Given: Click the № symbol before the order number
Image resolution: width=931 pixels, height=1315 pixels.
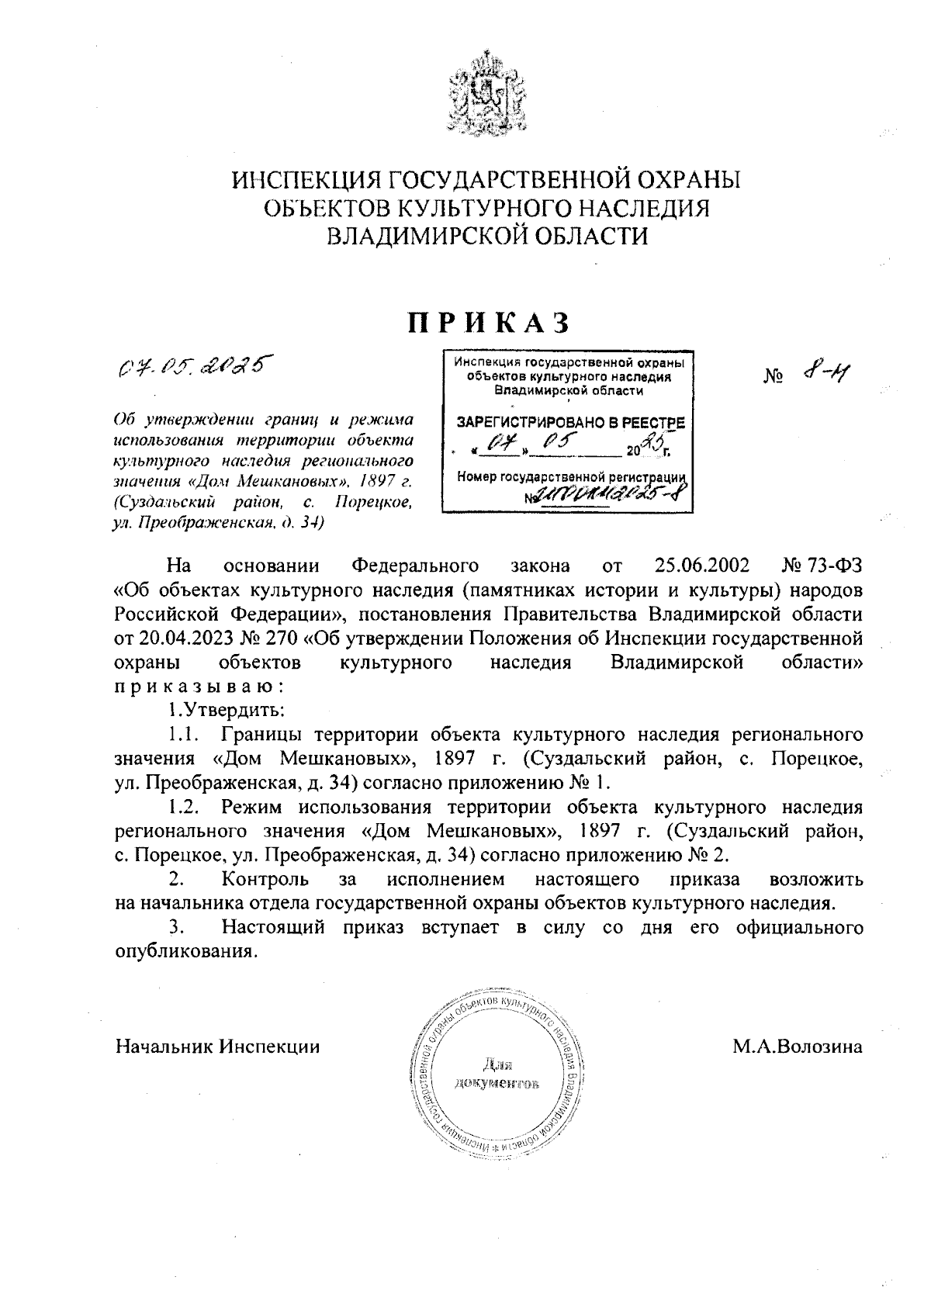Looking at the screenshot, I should tap(773, 377).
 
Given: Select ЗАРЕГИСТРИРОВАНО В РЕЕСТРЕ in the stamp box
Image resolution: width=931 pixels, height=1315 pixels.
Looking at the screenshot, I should tap(570, 424).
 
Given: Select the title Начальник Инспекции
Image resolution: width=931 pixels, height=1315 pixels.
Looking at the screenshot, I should tap(218, 1046).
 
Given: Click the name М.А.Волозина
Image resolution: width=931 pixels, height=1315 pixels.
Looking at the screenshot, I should tap(798, 1046).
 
